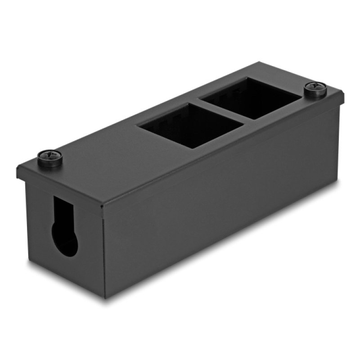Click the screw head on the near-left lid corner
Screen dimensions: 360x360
[50, 157]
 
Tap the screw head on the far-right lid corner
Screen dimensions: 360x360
[316, 88]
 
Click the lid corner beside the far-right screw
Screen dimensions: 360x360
[344, 93]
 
